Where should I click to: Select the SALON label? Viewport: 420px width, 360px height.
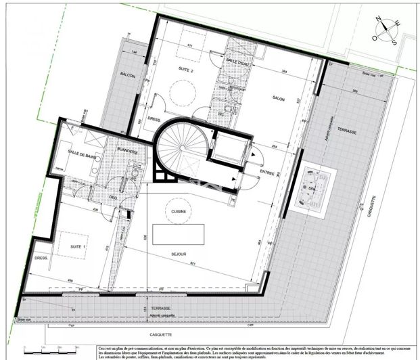pos(277,98)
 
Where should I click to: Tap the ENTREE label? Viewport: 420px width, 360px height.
pos(267,173)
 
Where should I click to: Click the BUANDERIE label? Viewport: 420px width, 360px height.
pos(127,152)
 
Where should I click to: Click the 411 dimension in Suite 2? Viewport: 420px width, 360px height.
pos(190,45)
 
